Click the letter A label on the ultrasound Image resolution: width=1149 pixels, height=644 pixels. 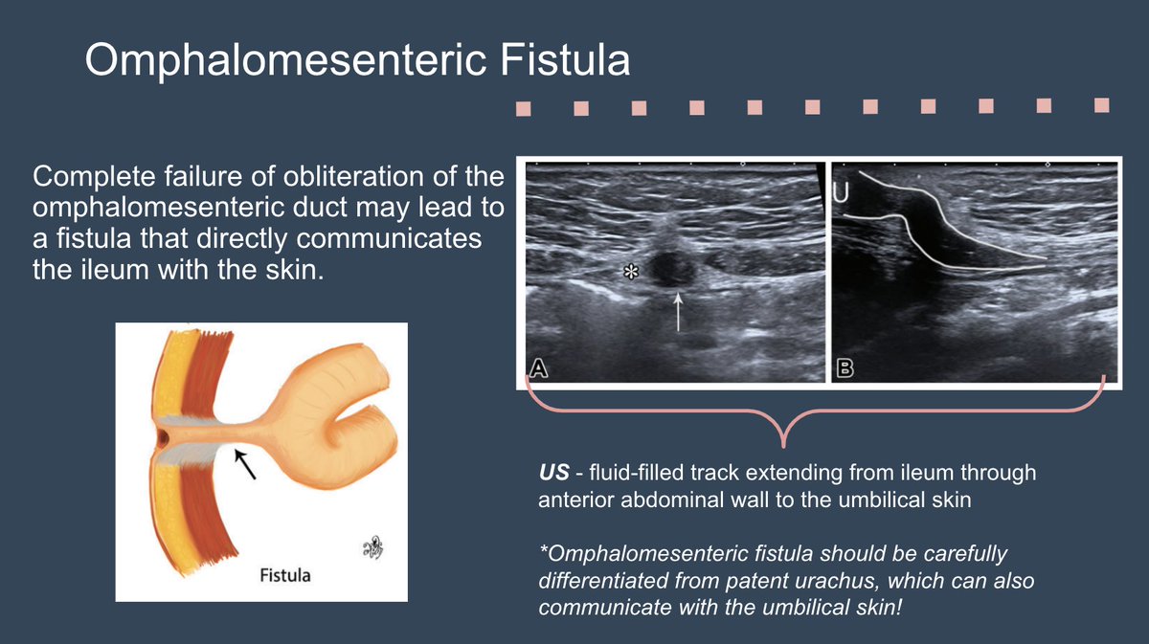click(539, 369)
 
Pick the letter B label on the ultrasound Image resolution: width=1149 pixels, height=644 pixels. click(844, 369)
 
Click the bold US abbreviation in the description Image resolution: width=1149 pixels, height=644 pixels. click(552, 473)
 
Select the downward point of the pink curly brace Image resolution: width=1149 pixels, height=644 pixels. click(785, 443)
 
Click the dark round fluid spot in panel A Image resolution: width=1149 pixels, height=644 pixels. click(669, 267)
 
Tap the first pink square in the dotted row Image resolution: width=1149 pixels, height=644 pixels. click(524, 109)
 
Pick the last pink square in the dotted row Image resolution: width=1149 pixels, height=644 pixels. click(1102, 103)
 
